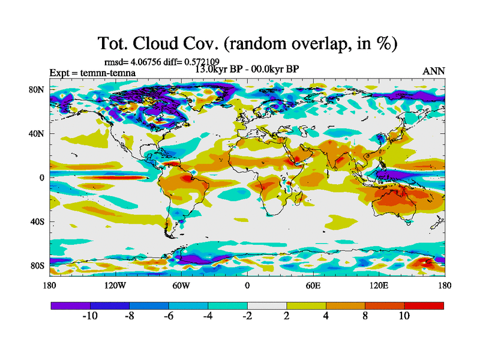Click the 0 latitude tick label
pyautogui.click(x=42, y=178)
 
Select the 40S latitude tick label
pyautogui.click(x=38, y=221)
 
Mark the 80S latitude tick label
pyautogui.click(x=38, y=265)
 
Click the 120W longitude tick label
pyautogui.click(x=115, y=286)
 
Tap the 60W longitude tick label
pyautogui.click(x=181, y=286)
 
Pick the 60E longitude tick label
pyautogui.click(x=313, y=286)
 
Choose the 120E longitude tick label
pyautogui.click(x=379, y=286)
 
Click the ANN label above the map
pyautogui.click(x=434, y=71)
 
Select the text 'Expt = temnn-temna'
pyautogui.click(x=92, y=73)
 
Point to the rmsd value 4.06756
pyautogui.click(x=143, y=61)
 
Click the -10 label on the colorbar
pyautogui.click(x=90, y=316)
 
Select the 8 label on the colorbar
pyautogui.click(x=365, y=316)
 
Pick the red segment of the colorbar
pyautogui.click(x=424, y=305)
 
